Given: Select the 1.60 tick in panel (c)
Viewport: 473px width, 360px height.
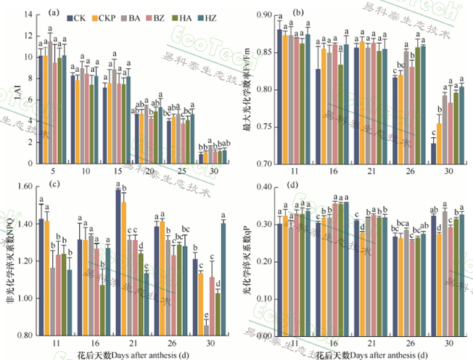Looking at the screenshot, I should click(x=25, y=187).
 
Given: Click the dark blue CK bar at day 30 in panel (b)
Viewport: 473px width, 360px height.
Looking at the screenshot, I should click(x=433, y=154).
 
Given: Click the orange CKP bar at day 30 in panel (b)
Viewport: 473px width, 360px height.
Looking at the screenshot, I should click(x=439, y=144).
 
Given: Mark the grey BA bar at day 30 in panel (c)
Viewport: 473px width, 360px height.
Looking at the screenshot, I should click(x=206, y=330).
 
